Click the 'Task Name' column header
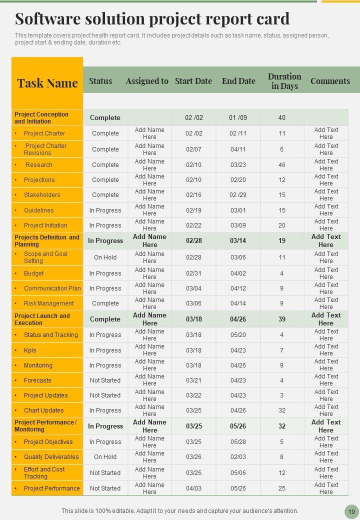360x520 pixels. [47, 83]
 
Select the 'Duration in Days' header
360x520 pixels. [284, 81]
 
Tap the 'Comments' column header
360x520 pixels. [330, 81]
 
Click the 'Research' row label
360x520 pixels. [39, 165]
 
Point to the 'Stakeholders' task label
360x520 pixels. [42, 195]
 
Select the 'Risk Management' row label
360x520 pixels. [48, 303]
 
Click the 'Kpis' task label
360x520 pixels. [30, 350]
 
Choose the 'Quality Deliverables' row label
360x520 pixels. [51, 457]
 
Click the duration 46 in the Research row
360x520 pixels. [282, 165]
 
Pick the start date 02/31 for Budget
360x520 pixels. [193, 273]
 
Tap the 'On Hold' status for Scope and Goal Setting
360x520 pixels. [105, 257]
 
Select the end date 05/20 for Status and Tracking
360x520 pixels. [238, 335]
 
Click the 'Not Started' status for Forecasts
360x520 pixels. [105, 380]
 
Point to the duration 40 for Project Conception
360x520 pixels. [282, 118]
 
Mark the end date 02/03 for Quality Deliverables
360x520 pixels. [238, 457]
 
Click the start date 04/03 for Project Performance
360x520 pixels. [193, 488]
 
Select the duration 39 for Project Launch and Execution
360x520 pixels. [282, 319]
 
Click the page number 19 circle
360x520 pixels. [351, 511]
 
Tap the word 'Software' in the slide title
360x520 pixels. [47, 19]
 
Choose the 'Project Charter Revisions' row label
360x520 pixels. [45, 149]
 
